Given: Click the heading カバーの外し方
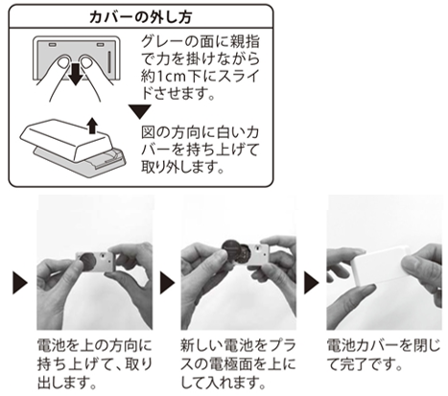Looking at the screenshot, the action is pyautogui.click(x=141, y=17).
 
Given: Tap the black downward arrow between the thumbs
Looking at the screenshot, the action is pyautogui.click(x=76, y=74).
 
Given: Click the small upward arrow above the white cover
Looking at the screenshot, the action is pyautogui.click(x=93, y=126).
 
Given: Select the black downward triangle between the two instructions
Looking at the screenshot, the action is pyautogui.click(x=140, y=111).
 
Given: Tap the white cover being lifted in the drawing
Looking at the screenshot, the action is pyautogui.click(x=66, y=139).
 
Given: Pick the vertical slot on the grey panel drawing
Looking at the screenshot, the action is pyautogui.click(x=109, y=62).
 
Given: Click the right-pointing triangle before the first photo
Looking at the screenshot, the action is pyautogui.click(x=20, y=283).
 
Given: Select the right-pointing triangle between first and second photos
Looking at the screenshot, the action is pyautogui.click(x=167, y=283).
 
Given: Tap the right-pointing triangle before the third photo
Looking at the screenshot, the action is pyautogui.click(x=312, y=283).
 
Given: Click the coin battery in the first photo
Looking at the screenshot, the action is pyautogui.click(x=87, y=262).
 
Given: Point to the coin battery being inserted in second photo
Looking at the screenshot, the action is pyautogui.click(x=234, y=251).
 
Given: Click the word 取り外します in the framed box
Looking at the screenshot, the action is pyautogui.click(x=182, y=166).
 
